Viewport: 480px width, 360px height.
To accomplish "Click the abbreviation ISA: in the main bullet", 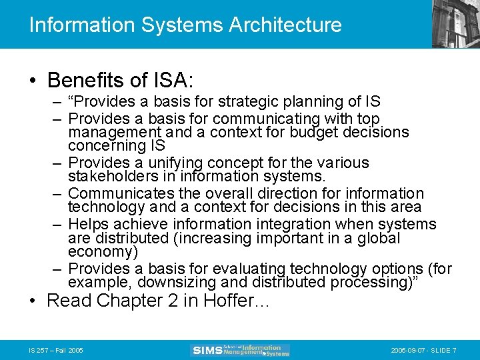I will tap(173, 81).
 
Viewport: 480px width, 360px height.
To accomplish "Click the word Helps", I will tap(88, 224).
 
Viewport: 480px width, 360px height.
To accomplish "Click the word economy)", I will tap(103, 251).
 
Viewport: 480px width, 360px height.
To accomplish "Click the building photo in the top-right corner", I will tap(457, 23).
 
